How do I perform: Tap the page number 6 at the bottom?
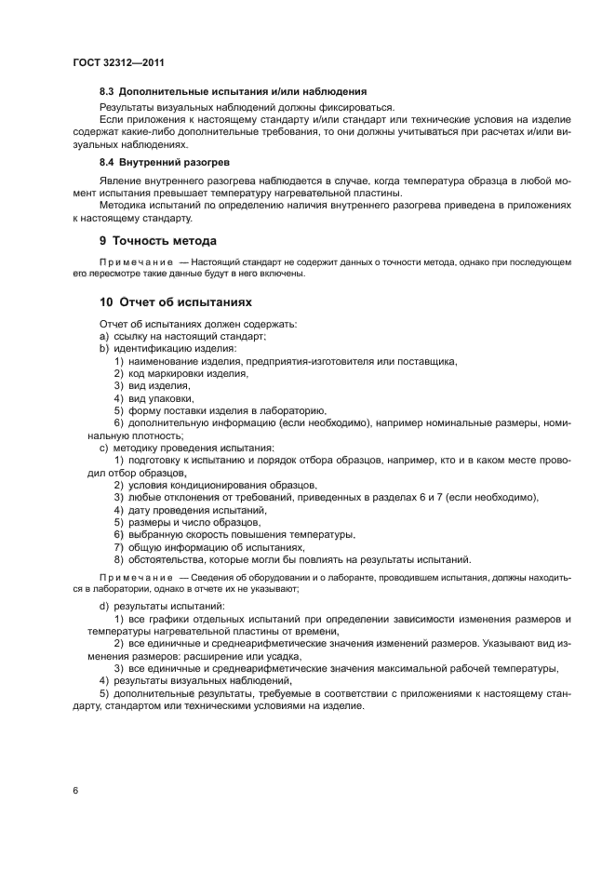[74, 790]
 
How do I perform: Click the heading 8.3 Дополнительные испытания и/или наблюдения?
[233, 91]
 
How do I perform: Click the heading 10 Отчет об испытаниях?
[176, 302]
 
